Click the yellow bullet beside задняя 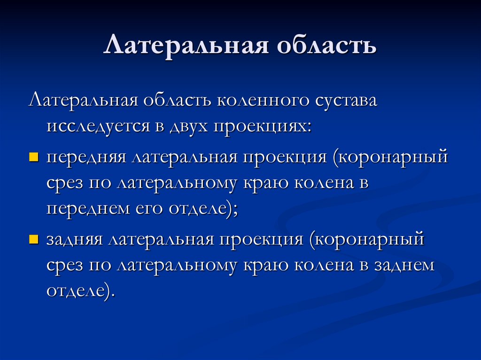coord(33,239)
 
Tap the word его coord(146,209)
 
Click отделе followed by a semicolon coord(201,209)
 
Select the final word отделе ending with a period coord(80,291)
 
